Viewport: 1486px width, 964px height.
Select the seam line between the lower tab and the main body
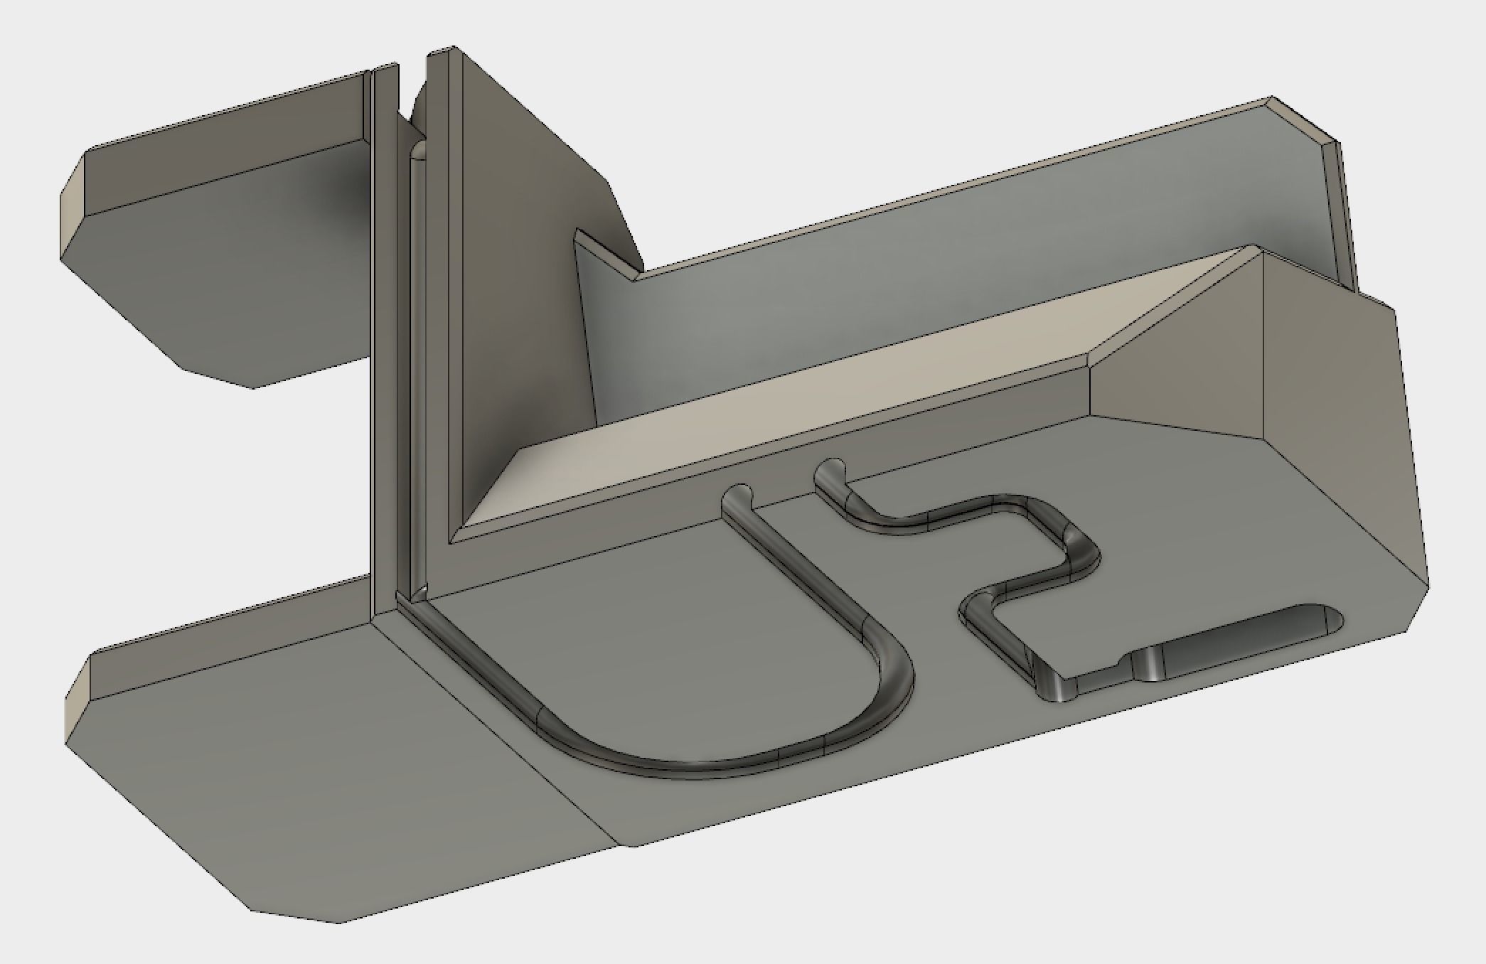coord(498,725)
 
